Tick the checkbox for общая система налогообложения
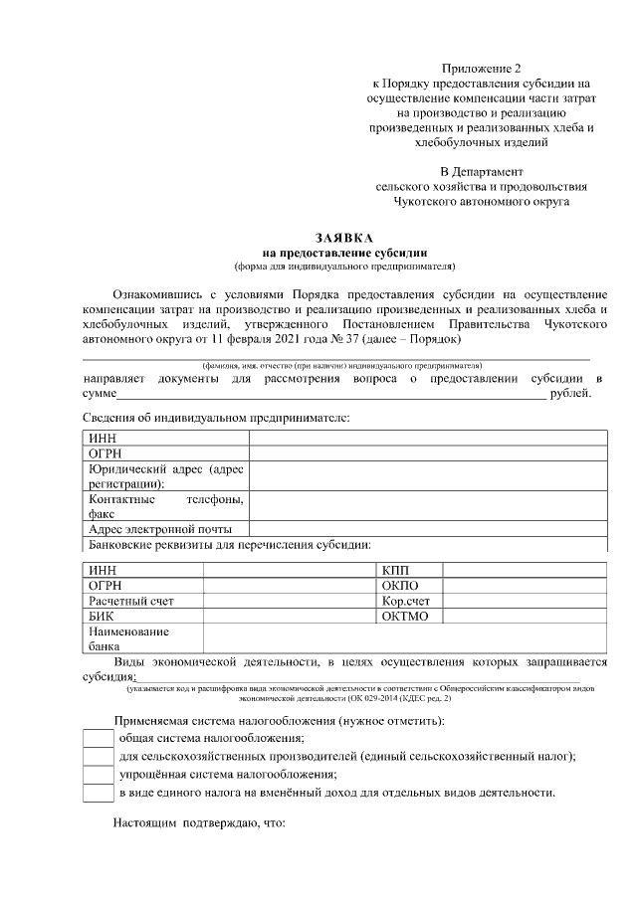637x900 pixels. pyautogui.click(x=97, y=738)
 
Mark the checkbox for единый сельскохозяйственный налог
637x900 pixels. pyautogui.click(x=97, y=757)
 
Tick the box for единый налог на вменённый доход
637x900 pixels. pyautogui.click(x=97, y=794)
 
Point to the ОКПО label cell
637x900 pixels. pyautogui.click(x=400, y=586)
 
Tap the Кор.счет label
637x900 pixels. pyautogui.click(x=405, y=602)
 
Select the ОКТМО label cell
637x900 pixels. pyautogui.click(x=404, y=617)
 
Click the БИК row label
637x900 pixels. pyautogui.click(x=102, y=617)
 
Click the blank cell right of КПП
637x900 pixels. pyautogui.click(x=524, y=570)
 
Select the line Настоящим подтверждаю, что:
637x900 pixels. pyautogui.click(x=199, y=824)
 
